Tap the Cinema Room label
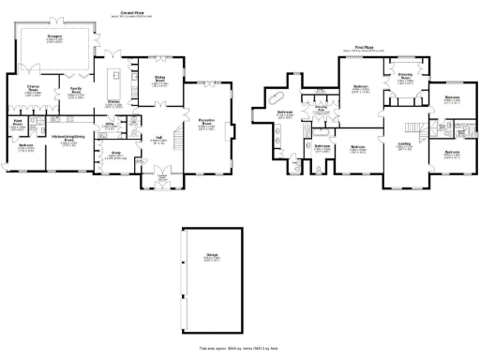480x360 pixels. [32, 88]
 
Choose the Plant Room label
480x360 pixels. [17, 122]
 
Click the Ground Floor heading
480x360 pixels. [116, 12]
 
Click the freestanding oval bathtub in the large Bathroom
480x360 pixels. [279, 97]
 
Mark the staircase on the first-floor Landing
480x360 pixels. [413, 127]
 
